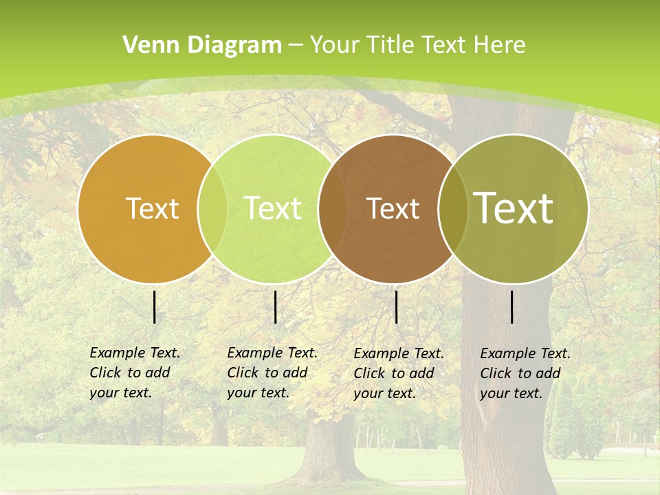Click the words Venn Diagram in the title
tap(202, 45)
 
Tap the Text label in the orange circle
tap(152, 208)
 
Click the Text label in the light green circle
tap(273, 208)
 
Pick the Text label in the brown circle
tap(393, 208)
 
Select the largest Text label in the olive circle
tap(514, 208)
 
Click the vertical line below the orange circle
tap(154, 307)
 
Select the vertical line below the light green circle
tap(275, 307)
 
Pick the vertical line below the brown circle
tap(397, 307)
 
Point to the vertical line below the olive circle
tap(512, 307)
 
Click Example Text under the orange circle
tap(135, 353)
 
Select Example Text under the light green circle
tap(272, 353)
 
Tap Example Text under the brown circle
tap(399, 353)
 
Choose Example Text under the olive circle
tap(525, 353)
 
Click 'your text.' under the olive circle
tap(511, 393)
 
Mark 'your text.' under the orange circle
tap(120, 393)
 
